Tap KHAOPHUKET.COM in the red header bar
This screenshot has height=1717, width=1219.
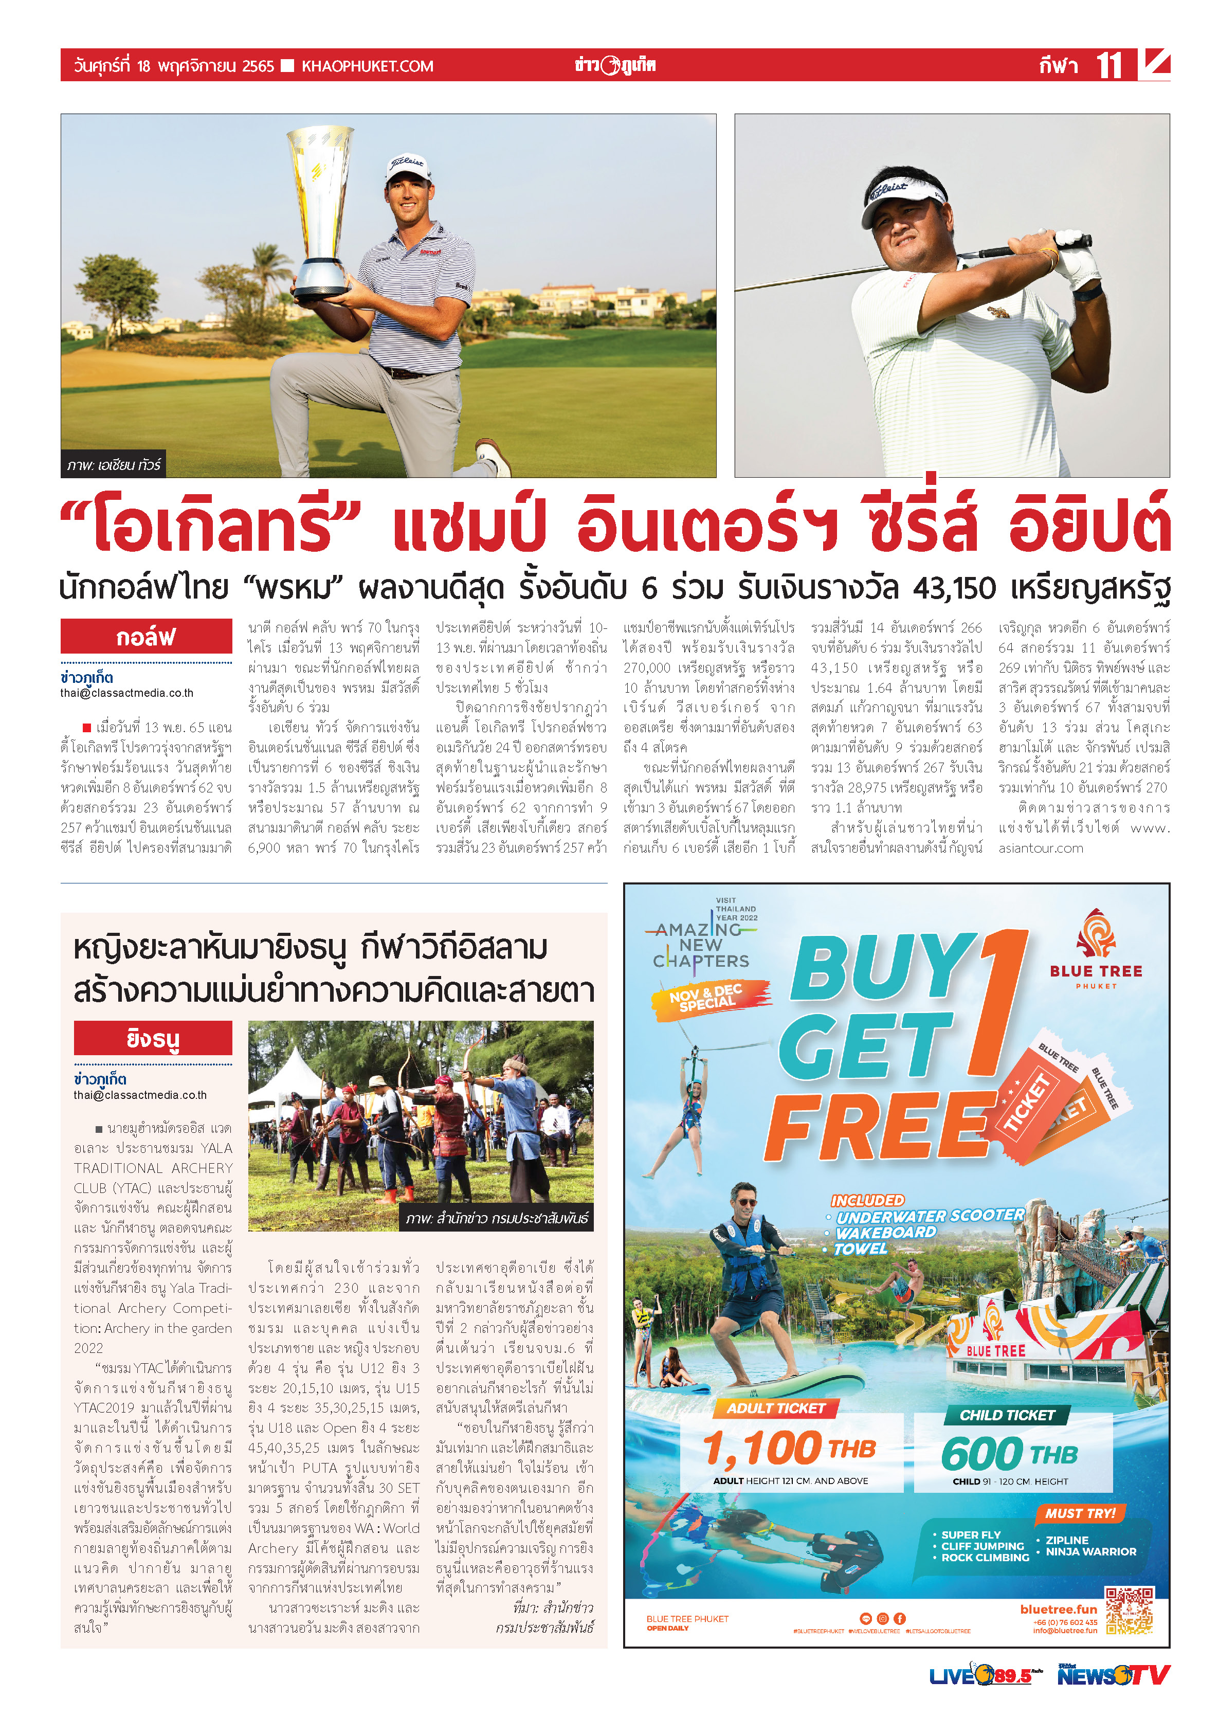click(x=367, y=66)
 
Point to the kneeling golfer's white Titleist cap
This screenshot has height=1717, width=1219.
click(x=406, y=169)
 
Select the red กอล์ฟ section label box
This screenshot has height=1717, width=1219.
click(x=145, y=637)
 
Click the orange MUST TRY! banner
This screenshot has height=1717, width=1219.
click(x=1080, y=1513)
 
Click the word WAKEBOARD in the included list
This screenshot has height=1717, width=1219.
click(x=886, y=1233)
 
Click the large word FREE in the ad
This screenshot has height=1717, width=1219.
click(x=878, y=1126)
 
